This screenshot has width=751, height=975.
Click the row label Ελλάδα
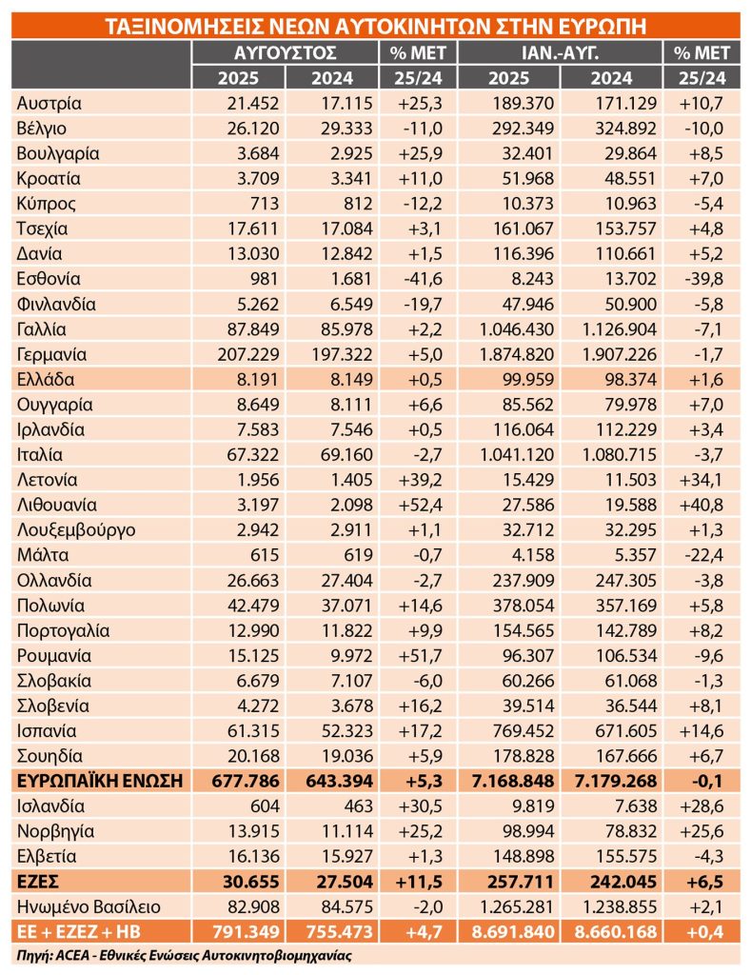46,379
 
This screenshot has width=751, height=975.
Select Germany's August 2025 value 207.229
248,354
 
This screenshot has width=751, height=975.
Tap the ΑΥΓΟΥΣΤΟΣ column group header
286,53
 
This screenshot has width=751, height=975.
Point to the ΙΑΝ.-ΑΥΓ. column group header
560,53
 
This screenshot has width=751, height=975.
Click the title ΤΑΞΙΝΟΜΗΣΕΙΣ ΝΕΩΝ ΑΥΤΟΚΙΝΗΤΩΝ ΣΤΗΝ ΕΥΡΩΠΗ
375,27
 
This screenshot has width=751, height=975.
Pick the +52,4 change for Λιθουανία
420,505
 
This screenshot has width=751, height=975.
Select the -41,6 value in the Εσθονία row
422,279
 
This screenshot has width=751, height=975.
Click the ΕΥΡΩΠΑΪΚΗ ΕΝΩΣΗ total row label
100,781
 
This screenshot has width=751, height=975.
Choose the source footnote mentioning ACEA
184,955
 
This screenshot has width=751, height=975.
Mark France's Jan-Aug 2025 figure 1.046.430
516,329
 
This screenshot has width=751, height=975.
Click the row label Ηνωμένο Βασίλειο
89,906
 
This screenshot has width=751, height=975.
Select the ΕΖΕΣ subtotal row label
37,882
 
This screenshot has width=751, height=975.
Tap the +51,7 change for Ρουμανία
421,655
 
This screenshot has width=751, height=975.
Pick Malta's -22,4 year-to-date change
703,555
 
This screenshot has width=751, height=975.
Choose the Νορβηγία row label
55,831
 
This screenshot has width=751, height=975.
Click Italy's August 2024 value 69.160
346,454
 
